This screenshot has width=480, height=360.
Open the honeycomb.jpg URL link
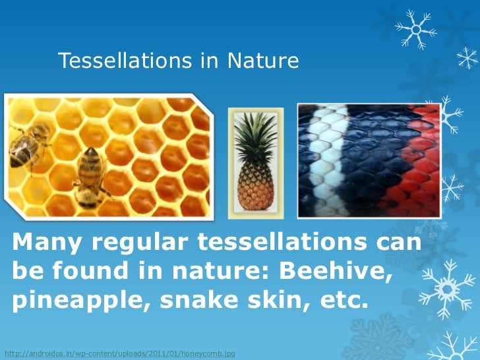coord(119,354)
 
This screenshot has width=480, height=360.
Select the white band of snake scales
coord(323,158)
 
